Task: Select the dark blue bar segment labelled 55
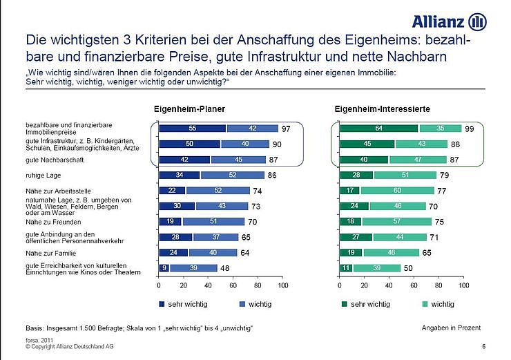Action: pyautogui.click(x=192, y=128)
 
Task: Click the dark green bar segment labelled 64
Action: pyautogui.click(x=379, y=128)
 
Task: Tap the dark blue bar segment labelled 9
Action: pyautogui.click(x=164, y=268)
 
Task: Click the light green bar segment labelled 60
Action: pyautogui.click(x=397, y=190)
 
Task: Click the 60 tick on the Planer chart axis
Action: pyautogui.click(x=233, y=285)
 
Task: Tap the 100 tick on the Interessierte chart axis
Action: pyautogui.click(x=463, y=285)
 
